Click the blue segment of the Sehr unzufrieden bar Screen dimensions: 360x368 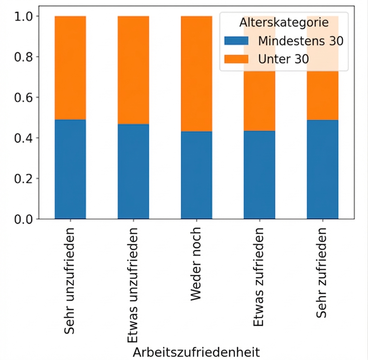coord(70,169)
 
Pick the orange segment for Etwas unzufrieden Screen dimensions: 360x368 coord(133,70)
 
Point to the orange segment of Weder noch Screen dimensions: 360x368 coord(196,74)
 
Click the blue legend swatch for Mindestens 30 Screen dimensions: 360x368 coord(236,41)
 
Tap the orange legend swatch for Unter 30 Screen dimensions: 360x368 coord(236,59)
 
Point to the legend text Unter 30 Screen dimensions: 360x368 coord(283,59)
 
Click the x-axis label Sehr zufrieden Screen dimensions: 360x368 coord(322,272)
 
